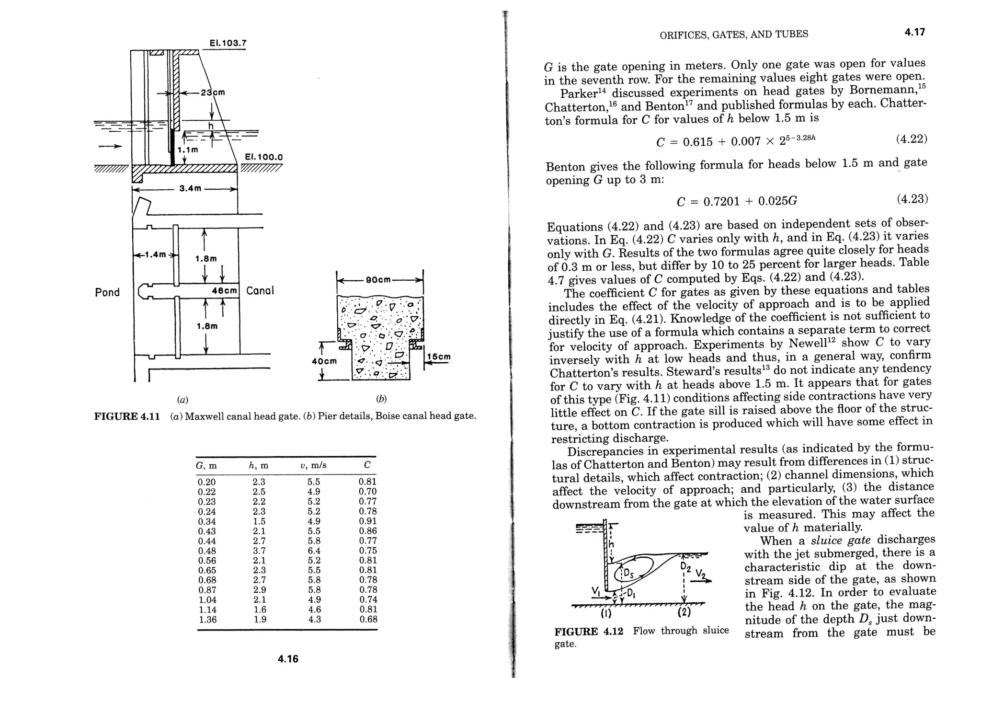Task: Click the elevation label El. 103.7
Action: tap(228, 43)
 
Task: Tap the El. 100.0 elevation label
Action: tap(264, 157)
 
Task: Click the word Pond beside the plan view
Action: tap(107, 292)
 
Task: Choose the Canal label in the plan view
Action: tap(260, 291)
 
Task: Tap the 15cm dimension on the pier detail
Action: tap(439, 357)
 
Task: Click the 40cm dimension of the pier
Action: tap(324, 361)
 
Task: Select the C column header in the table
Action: tap(367, 465)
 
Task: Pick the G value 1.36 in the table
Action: tap(207, 619)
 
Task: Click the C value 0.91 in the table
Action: tap(367, 521)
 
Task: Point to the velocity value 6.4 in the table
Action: tap(314, 551)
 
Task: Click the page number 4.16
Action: tap(288, 659)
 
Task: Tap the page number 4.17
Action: tap(914, 32)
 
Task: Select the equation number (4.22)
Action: tap(911, 139)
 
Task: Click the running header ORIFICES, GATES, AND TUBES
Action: tap(734, 34)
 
